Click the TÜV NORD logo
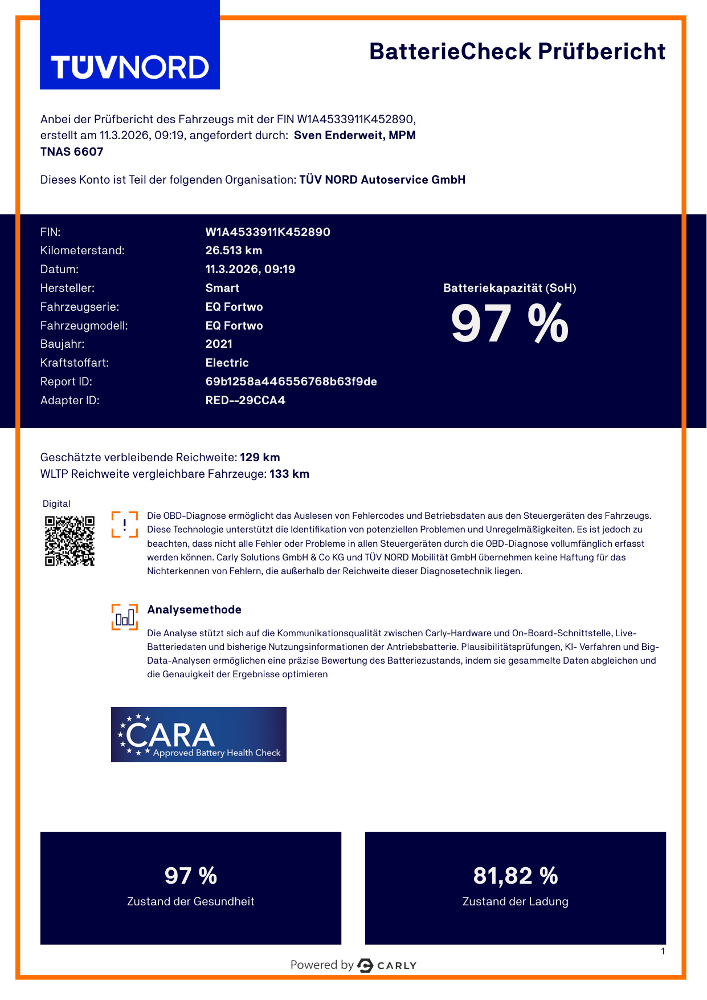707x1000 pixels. click(130, 67)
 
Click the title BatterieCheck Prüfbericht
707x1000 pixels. click(517, 51)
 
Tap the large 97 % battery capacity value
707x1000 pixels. click(509, 324)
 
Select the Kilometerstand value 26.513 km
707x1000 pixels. click(234, 250)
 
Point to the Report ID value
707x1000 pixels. click(291, 381)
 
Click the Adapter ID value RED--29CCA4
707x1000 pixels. click(245, 400)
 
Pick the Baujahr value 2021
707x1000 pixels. click(219, 344)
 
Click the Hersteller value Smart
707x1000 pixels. click(222, 288)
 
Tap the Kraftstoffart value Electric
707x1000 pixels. click(227, 363)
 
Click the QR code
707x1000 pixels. click(70, 540)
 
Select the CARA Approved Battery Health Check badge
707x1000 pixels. click(198, 734)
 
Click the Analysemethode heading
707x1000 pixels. click(194, 609)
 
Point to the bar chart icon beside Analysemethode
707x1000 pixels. click(124, 617)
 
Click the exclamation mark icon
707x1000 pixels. click(124, 525)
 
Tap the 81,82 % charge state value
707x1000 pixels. click(515, 876)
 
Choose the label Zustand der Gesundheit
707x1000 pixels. click(190, 901)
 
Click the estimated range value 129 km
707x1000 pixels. click(260, 457)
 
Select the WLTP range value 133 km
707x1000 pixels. click(289, 474)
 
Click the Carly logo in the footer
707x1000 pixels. click(387, 965)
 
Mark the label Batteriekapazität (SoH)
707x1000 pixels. click(509, 288)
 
